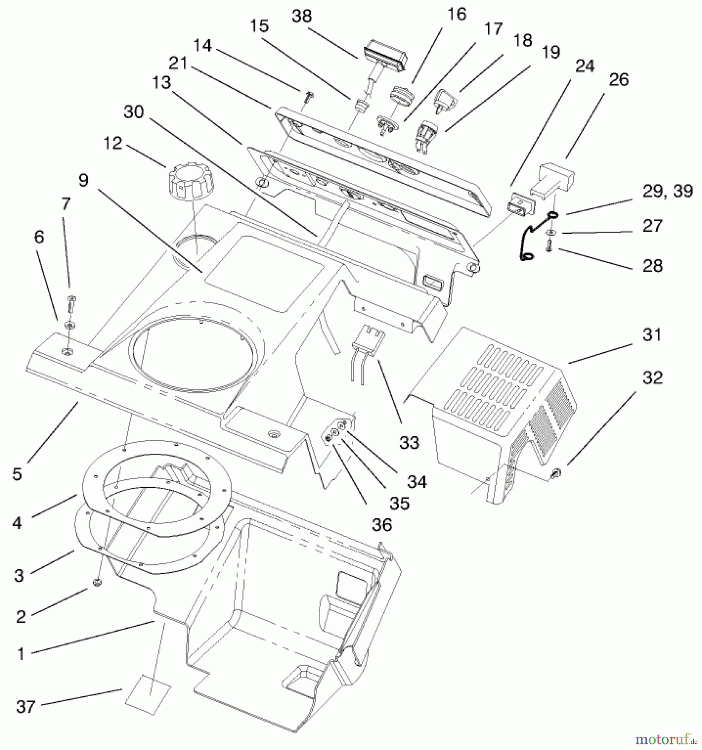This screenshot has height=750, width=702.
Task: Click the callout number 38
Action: pos(302,16)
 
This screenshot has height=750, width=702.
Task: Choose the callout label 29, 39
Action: pos(667,191)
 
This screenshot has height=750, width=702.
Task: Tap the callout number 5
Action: pos(17,474)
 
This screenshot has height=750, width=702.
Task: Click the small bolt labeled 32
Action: pos(556,472)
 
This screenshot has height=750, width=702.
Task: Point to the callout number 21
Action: pos(178,63)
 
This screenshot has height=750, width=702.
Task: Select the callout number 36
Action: pos(382,525)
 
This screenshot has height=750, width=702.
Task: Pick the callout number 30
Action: pos(133,112)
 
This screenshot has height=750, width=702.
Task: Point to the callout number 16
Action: pos(457,14)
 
